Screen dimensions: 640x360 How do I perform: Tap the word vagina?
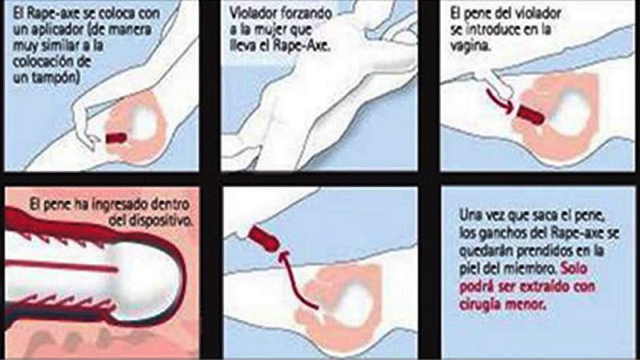click(x=470, y=46)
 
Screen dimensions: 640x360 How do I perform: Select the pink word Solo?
click(x=574, y=269)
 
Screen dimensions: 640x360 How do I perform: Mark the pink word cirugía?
click(x=482, y=304)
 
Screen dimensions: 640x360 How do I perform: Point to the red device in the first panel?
click(x=117, y=138)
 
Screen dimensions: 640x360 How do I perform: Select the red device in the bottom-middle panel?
click(x=265, y=238)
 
